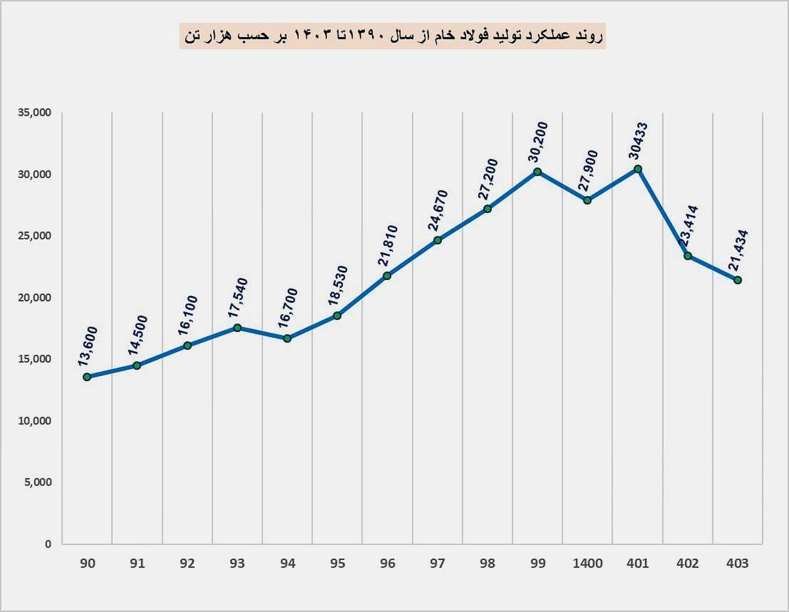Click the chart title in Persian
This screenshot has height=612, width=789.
[x=393, y=37]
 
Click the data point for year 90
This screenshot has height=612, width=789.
[x=87, y=377]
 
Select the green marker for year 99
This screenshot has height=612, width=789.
[x=537, y=172]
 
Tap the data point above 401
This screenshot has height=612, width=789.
[x=638, y=169]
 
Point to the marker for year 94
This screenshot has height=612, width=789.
[x=287, y=339]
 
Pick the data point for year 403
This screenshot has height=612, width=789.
[x=738, y=280]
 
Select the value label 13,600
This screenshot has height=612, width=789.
[x=87, y=346]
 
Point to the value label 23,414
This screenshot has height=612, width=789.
[x=689, y=227]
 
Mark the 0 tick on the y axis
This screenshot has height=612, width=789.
[x=48, y=544]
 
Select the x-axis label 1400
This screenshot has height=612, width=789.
[x=587, y=563]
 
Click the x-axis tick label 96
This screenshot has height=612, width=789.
[x=387, y=563]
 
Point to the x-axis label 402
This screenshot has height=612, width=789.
[x=688, y=563]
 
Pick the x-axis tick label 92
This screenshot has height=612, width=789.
[x=187, y=563]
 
